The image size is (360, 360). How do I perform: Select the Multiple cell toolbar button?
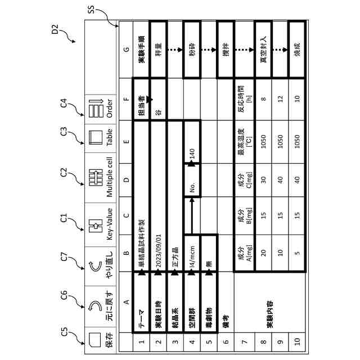point(102,177)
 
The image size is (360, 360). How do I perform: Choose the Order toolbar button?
point(102,105)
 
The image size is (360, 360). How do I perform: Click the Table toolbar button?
point(102,137)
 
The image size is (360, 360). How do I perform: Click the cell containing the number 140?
point(192,152)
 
